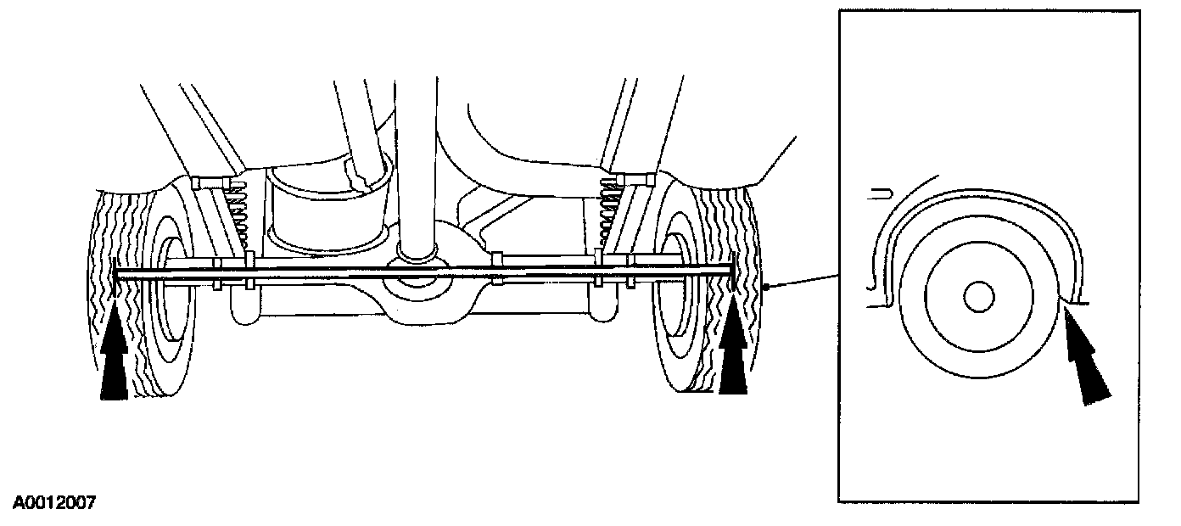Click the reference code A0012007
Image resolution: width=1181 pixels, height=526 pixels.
[53, 503]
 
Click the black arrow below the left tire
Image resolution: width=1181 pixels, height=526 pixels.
[114, 365]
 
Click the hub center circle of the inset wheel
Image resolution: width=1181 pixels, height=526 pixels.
[979, 296]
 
